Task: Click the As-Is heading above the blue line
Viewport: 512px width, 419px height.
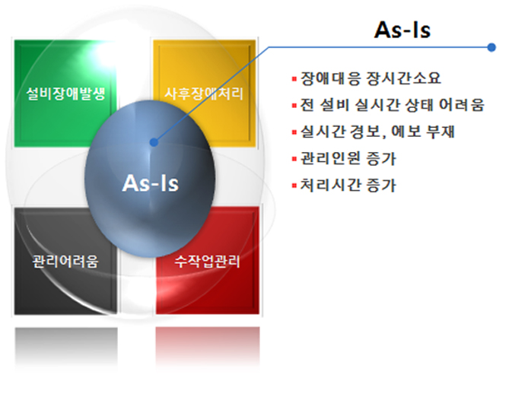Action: click(402, 30)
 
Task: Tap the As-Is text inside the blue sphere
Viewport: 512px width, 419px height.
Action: click(151, 183)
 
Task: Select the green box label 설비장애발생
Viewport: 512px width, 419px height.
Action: click(65, 94)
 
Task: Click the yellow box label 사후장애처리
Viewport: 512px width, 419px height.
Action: click(204, 94)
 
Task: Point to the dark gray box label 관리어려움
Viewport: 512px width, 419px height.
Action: click(65, 262)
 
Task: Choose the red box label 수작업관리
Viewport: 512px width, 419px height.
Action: click(208, 262)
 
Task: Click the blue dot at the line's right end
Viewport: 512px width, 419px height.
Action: click(491, 47)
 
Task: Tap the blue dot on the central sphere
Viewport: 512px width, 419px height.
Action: click(154, 142)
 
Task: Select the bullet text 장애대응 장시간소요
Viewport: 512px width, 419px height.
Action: click(370, 78)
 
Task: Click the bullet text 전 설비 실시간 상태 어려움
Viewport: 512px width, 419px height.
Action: click(392, 105)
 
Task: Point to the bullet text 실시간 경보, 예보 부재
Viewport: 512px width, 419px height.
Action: click(377, 132)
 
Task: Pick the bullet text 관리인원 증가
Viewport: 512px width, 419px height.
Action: click(348, 159)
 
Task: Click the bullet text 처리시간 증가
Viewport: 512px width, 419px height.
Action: click(348, 186)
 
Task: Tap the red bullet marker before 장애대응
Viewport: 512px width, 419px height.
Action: click(294, 78)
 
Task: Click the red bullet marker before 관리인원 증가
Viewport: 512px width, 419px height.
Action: click(294, 159)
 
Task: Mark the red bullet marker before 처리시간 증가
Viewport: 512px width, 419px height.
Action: click(294, 186)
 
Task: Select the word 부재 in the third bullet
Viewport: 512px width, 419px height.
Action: click(440, 132)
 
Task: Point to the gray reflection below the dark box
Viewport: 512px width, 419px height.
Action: click(66, 348)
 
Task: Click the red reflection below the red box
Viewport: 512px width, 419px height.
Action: click(208, 348)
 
